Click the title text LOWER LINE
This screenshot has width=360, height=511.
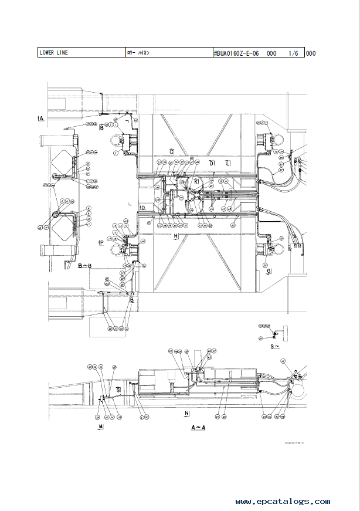click(53, 53)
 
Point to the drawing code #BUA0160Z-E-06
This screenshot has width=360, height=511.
click(237, 53)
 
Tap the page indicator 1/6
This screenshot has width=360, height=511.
click(293, 53)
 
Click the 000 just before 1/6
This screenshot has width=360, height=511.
click(271, 53)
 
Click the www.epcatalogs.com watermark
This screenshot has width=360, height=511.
click(283, 502)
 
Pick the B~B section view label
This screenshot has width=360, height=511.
click(84, 266)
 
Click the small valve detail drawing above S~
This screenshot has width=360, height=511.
click(274, 334)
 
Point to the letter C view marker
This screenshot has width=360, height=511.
click(171, 152)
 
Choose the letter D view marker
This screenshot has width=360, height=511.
click(212, 162)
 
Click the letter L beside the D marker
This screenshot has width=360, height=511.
click(228, 162)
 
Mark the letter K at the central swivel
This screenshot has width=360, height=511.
click(197, 183)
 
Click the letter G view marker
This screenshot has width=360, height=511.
click(269, 271)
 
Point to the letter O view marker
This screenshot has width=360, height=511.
click(142, 208)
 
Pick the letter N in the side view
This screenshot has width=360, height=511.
click(186, 414)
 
